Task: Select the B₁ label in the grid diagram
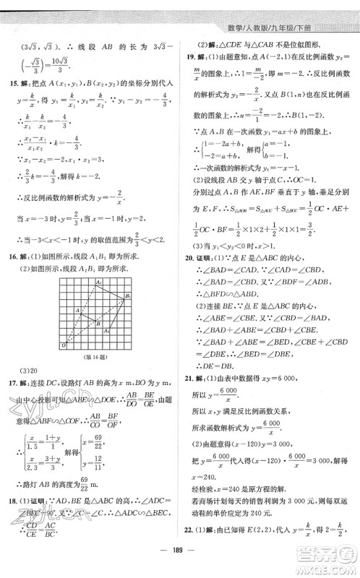tap(127, 296)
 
